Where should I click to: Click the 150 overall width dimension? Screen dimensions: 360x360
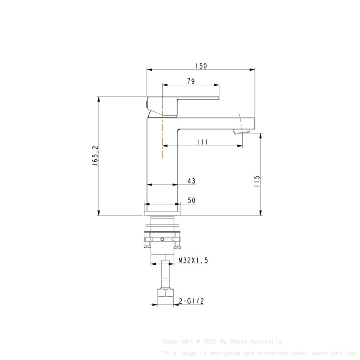click(x=201, y=66)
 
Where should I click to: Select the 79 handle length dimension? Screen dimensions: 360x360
click(x=191, y=81)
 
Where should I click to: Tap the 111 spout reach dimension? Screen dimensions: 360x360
click(x=202, y=142)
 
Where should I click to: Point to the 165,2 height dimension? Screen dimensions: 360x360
click(x=95, y=155)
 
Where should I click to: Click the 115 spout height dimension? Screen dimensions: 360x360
click(x=257, y=180)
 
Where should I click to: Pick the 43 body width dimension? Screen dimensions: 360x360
click(x=191, y=181)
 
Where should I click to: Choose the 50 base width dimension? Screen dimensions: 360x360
click(x=191, y=201)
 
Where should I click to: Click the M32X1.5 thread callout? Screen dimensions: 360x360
click(x=193, y=261)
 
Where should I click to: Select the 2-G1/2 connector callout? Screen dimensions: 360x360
click(x=191, y=301)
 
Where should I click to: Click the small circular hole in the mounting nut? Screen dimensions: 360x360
click(x=162, y=240)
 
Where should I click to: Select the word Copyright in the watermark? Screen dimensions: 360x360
click(x=177, y=341)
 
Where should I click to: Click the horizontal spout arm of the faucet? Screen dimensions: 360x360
click(x=216, y=123)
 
